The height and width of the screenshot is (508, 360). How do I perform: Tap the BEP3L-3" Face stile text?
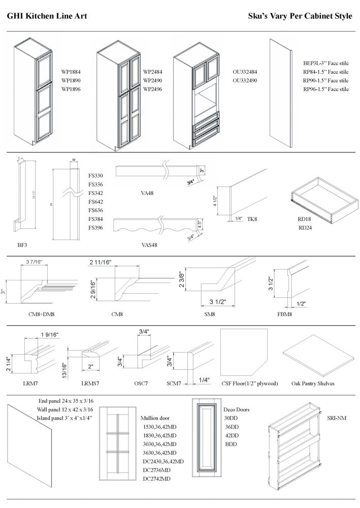[x=325, y=63]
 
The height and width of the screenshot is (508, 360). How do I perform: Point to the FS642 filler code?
[x=95, y=202]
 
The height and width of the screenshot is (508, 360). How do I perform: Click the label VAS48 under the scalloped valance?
[x=149, y=245]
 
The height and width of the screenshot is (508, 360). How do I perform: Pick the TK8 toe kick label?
[x=252, y=218]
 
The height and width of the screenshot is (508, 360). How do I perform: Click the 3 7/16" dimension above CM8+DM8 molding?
[x=34, y=262]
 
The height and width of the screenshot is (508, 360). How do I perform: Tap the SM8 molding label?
[x=209, y=314]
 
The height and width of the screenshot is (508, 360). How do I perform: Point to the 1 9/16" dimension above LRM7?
[x=49, y=334]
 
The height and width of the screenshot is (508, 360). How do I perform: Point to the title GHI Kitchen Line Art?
[x=47, y=16]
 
